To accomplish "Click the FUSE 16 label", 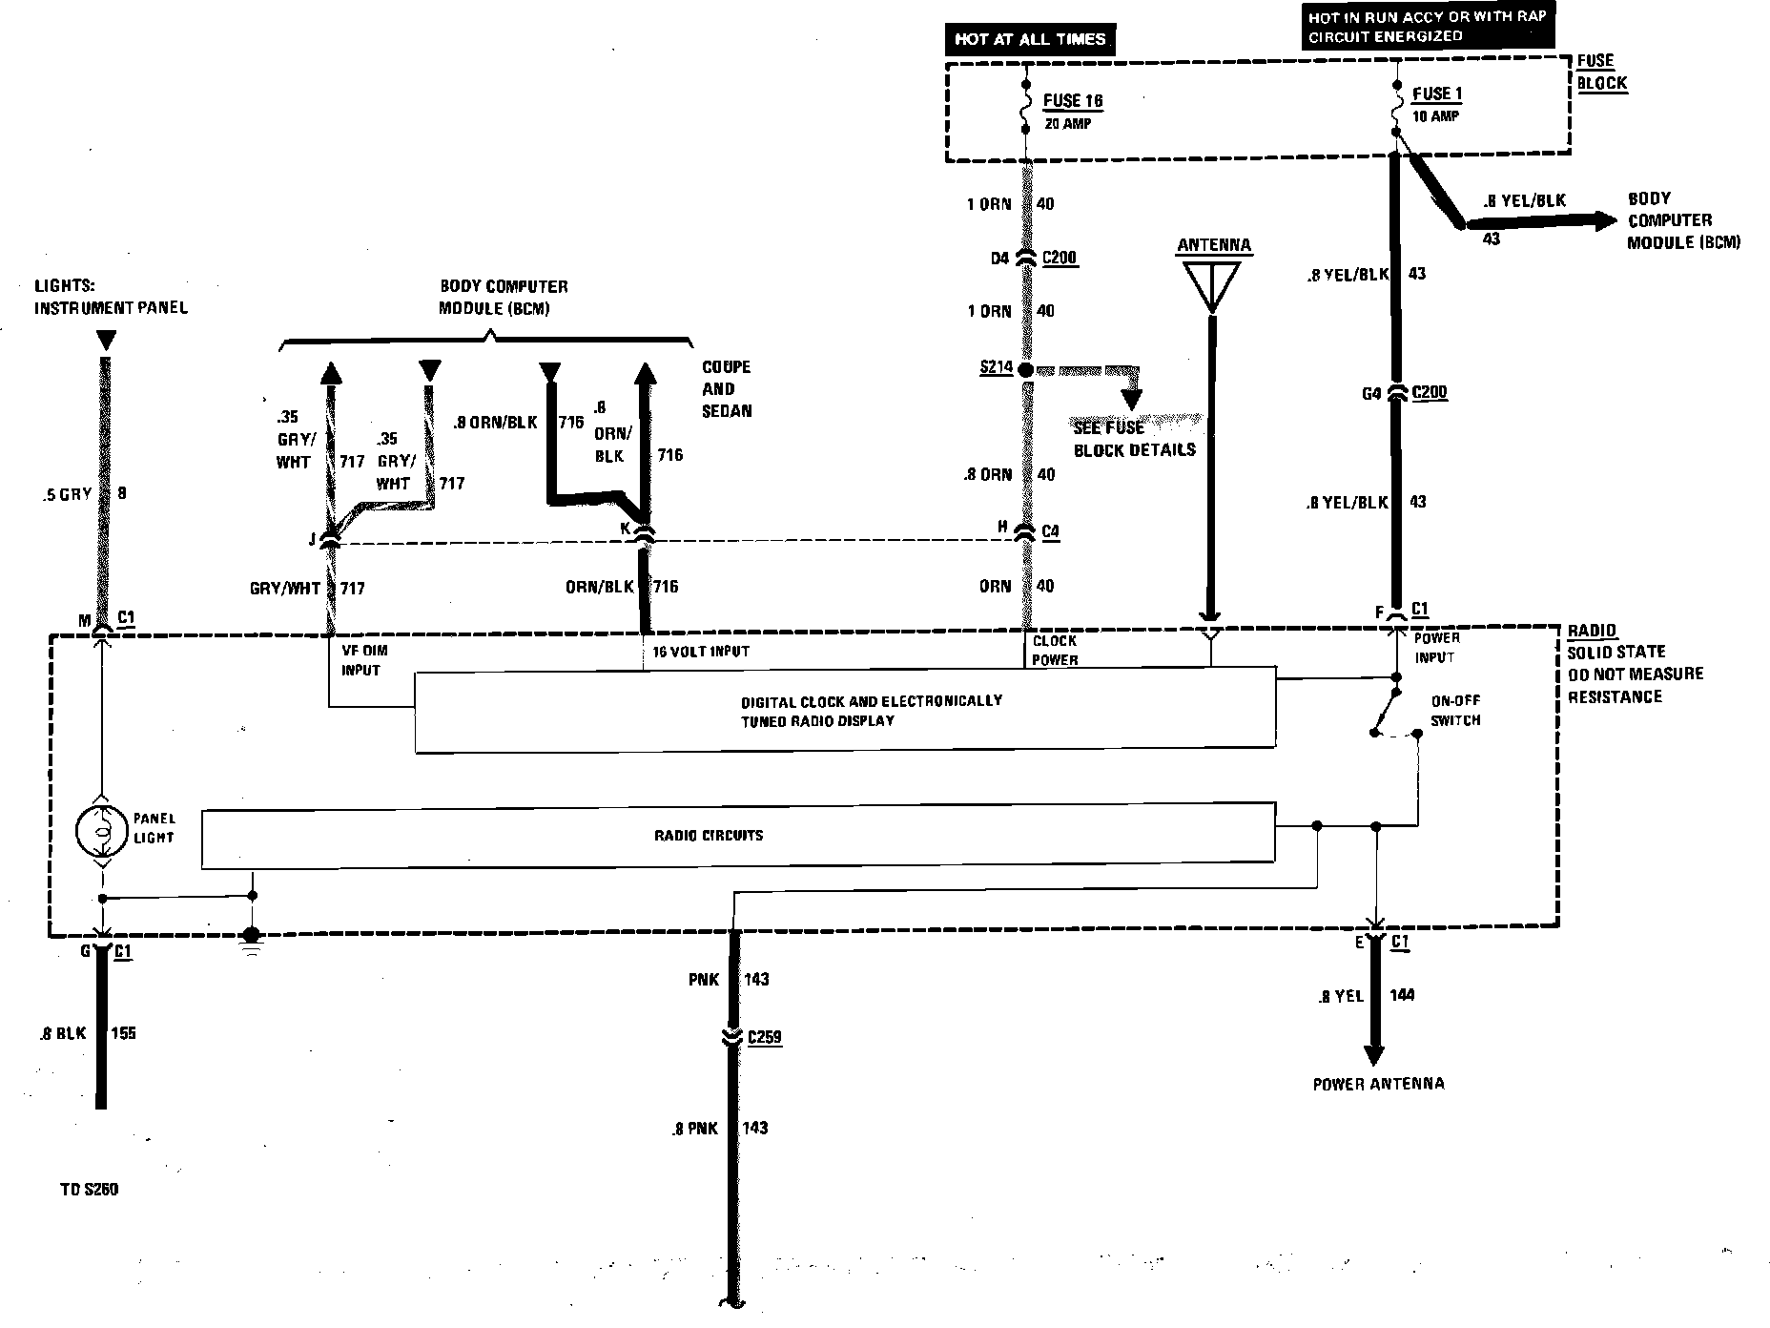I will click(1073, 101).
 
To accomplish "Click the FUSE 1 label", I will click(1437, 93).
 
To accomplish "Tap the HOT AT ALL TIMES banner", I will click(1030, 39).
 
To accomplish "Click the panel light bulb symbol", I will click(101, 829).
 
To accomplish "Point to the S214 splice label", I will click(996, 367).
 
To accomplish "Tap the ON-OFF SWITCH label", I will click(1455, 710).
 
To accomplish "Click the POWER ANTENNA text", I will click(1378, 1084).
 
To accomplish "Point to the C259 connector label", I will click(765, 1037).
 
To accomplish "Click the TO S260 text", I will click(88, 1190).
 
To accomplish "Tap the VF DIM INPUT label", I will click(363, 660).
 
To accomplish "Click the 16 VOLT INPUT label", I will click(701, 652).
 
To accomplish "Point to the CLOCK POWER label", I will click(1055, 650).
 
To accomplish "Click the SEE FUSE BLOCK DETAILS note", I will click(1134, 439).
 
